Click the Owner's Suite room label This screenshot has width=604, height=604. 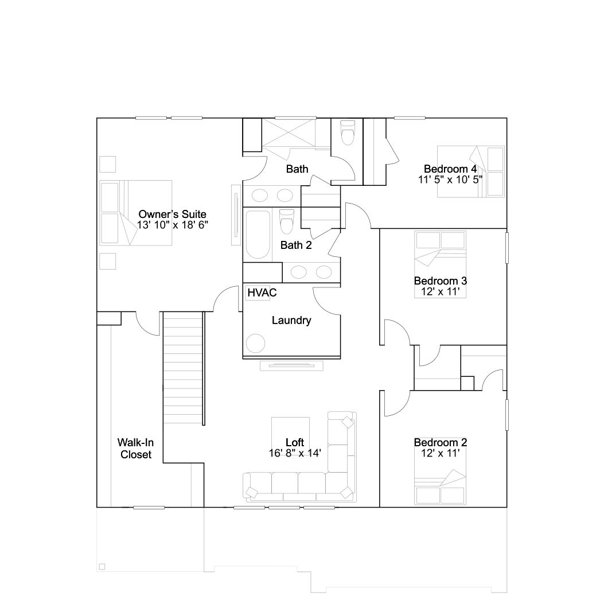click(x=172, y=214)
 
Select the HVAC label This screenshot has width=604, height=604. click(x=262, y=293)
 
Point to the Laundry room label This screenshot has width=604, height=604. click(x=291, y=320)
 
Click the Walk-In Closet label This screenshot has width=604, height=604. click(x=135, y=449)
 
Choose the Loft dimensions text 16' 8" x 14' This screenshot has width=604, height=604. click(x=295, y=453)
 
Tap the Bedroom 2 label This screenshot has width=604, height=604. click(x=441, y=442)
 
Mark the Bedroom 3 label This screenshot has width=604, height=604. click(x=441, y=280)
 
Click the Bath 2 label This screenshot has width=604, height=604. click(x=296, y=245)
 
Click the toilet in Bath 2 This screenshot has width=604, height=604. click(x=287, y=221)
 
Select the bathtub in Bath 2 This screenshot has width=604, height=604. click(x=258, y=235)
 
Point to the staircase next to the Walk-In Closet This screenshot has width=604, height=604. click(x=183, y=368)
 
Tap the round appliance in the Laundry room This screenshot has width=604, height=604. click(x=255, y=343)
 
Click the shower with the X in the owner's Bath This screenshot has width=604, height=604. click(x=289, y=133)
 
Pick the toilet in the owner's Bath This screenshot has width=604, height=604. click(x=348, y=133)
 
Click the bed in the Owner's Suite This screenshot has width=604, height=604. click(x=135, y=213)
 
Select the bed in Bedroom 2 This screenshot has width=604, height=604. click(x=441, y=487)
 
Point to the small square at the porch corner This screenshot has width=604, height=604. click(x=102, y=567)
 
